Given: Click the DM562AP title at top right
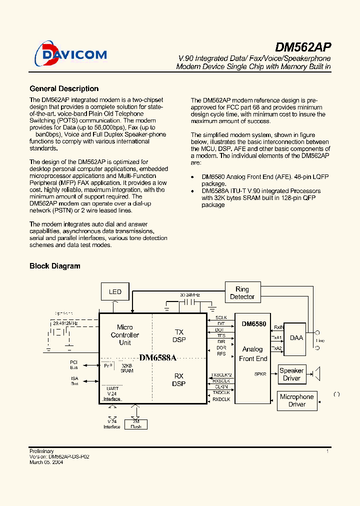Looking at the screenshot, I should click(303, 47).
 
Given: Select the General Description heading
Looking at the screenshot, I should click(64, 88).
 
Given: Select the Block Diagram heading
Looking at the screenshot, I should click(54, 266).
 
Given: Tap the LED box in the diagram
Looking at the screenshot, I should click(115, 291).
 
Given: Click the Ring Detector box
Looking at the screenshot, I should click(242, 293).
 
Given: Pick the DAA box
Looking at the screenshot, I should click(296, 337).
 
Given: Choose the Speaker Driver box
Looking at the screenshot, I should click(291, 374).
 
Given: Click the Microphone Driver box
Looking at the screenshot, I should click(296, 400).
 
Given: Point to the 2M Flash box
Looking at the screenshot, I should click(135, 424).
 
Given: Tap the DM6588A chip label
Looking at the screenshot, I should click(158, 357).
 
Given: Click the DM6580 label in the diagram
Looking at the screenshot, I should click(254, 324).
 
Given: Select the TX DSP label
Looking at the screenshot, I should click(178, 335).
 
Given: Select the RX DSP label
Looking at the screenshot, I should click(178, 380).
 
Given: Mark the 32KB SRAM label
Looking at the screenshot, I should click(127, 368).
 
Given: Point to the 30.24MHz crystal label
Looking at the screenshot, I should click(189, 295).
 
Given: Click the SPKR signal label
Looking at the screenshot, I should click(260, 373).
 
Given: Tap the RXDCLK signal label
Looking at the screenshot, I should click(221, 399).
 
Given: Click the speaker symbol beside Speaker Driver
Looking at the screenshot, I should click(316, 373).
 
